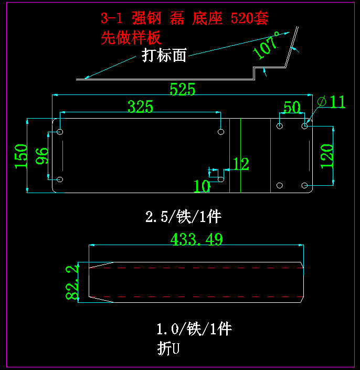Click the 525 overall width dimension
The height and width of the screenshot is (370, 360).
(x=182, y=89)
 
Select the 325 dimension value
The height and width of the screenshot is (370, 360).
(x=141, y=107)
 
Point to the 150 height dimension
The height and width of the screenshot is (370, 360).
(x=21, y=156)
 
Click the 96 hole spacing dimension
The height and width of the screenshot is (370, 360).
(x=42, y=156)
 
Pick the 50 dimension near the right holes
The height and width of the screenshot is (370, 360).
(x=292, y=107)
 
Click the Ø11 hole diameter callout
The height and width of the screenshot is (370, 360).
(x=332, y=102)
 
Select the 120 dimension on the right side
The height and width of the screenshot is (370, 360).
(x=326, y=155)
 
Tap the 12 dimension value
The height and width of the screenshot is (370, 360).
(x=241, y=164)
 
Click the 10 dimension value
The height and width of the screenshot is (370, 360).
(x=202, y=186)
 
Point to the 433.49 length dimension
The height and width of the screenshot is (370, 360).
(x=197, y=239)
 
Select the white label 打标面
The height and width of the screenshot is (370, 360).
(x=164, y=56)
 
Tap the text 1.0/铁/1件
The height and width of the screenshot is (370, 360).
(x=194, y=329)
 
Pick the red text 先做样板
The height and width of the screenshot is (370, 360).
(x=131, y=38)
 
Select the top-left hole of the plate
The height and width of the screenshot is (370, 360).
(x=60, y=131)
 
